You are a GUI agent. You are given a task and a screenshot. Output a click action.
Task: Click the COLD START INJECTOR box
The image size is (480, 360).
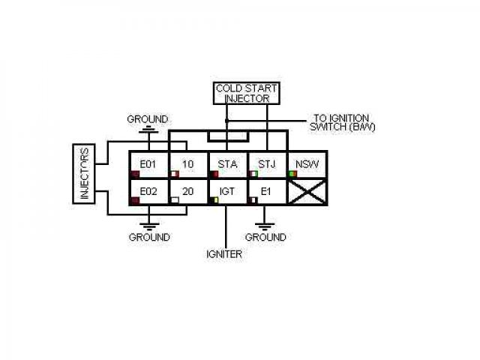click(247, 93)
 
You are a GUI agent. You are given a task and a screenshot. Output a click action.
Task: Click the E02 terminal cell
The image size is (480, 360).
click(148, 192)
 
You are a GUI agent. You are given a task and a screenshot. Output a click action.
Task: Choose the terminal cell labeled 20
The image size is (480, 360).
click(187, 192)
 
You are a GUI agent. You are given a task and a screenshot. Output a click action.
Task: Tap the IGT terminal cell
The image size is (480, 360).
click(227, 192)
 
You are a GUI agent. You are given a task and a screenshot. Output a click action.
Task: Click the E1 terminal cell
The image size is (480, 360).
click(267, 192)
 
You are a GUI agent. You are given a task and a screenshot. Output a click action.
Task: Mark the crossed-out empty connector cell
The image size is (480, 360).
click(307, 192)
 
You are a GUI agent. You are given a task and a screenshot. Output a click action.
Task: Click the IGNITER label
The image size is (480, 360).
click(224, 254)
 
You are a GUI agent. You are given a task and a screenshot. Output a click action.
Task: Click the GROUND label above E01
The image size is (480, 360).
click(148, 119)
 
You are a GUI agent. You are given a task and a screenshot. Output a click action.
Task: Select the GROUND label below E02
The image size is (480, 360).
click(149, 237)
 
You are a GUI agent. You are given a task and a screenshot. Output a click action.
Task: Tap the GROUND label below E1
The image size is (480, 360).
click(265, 237)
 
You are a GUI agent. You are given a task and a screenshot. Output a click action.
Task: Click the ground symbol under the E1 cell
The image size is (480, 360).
click(264, 223)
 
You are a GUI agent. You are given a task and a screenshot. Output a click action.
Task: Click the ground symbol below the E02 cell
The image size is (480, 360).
click(150, 223)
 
